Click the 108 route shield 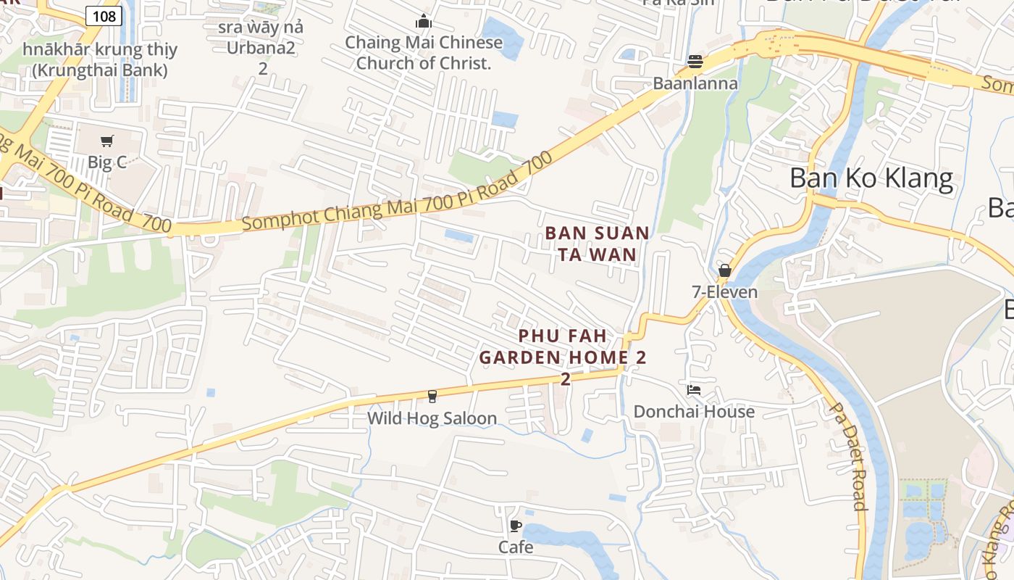(x=104, y=15)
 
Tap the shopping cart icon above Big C (x=107, y=141)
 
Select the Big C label (x=107, y=162)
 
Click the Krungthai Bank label (x=100, y=60)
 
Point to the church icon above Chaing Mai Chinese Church (x=424, y=22)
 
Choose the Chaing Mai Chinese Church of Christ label (x=424, y=53)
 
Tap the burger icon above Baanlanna (x=695, y=62)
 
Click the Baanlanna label (x=695, y=83)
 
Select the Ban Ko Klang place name (x=871, y=178)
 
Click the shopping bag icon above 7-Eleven (x=725, y=270)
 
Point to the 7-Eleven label (x=725, y=292)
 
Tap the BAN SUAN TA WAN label (x=598, y=244)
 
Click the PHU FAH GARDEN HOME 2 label (x=563, y=347)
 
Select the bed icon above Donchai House (x=694, y=390)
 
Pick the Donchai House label (x=694, y=412)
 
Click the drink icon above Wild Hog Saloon (x=432, y=396)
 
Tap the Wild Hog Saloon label (x=432, y=418)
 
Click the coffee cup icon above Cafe (x=516, y=526)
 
